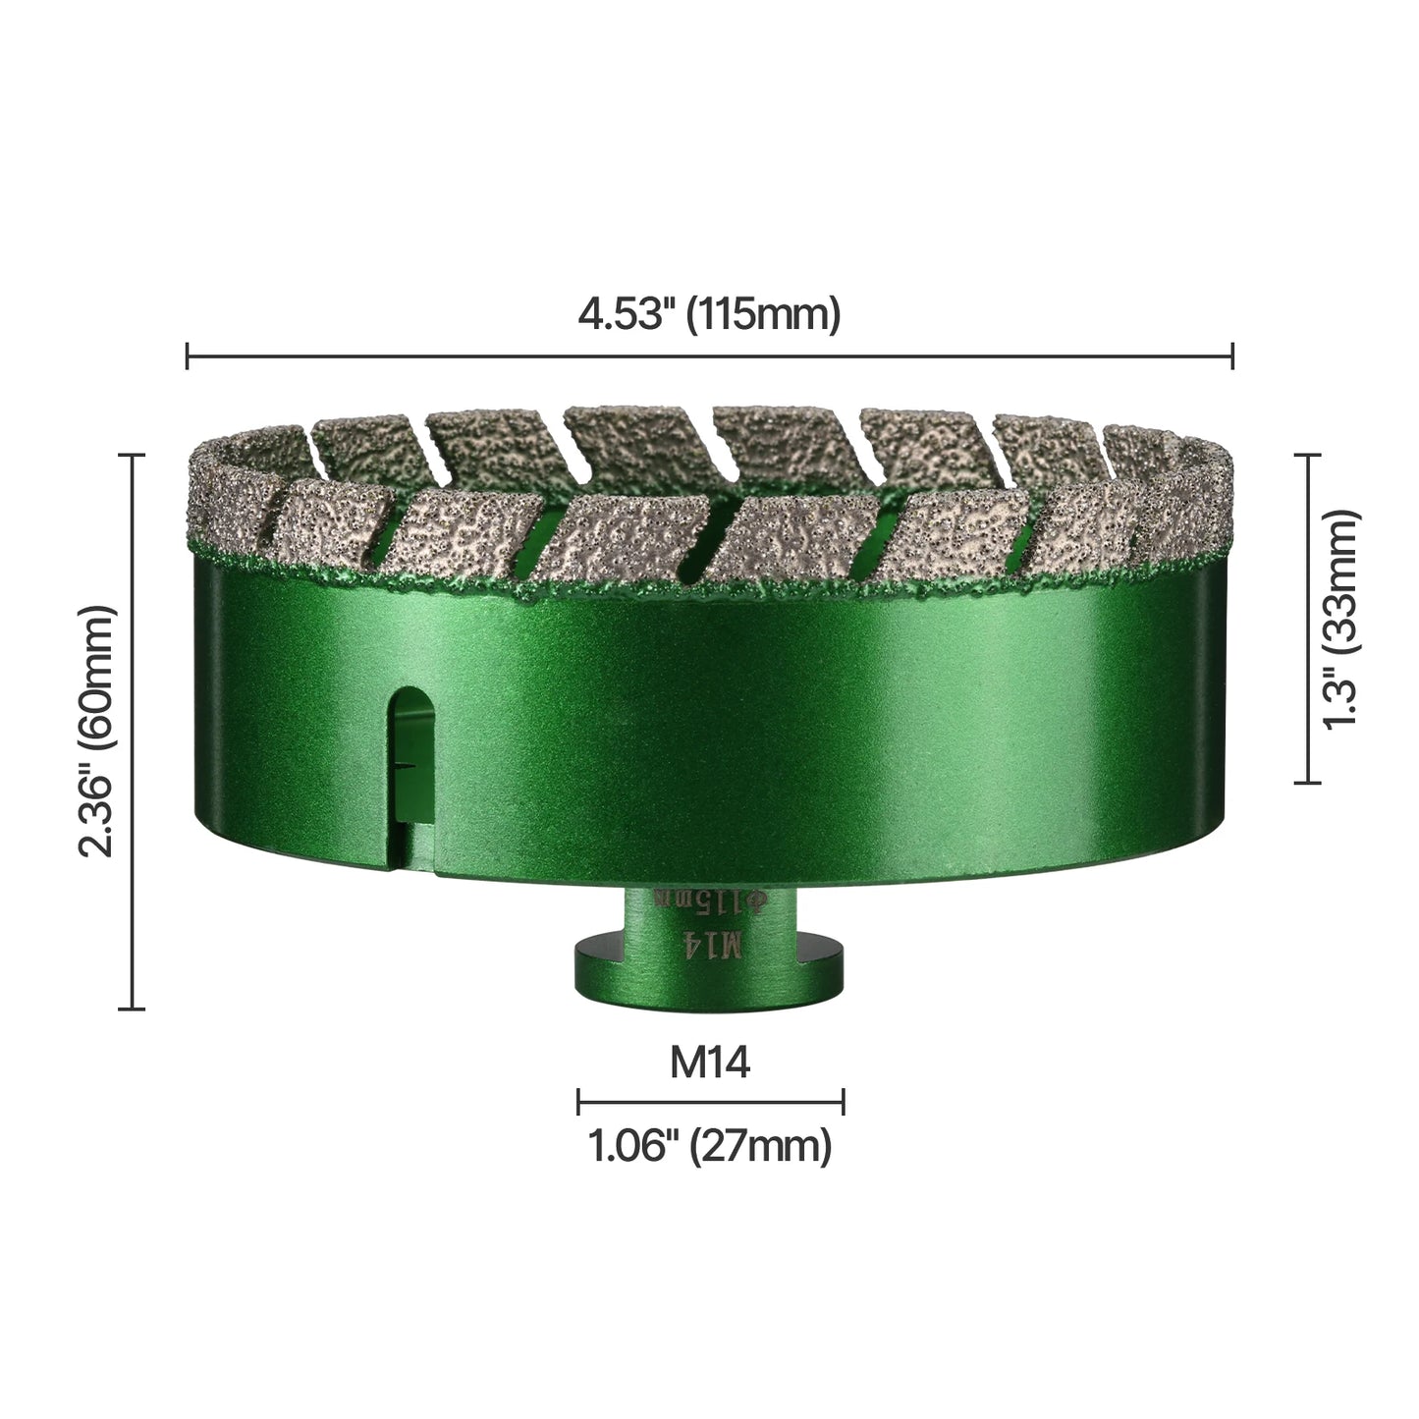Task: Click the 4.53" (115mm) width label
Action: tap(709, 316)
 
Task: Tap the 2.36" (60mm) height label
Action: tap(99, 732)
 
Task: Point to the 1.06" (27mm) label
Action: tap(710, 1146)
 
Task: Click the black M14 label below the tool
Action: tap(710, 1063)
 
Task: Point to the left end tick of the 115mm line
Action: tap(187, 355)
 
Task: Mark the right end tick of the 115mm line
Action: tap(1232, 355)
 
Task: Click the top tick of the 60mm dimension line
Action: tap(132, 456)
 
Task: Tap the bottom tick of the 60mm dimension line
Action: tap(132, 1008)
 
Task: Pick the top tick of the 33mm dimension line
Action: tap(1306, 456)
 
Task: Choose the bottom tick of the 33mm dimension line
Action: tap(1306, 782)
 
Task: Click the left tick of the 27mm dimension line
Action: tap(579, 1102)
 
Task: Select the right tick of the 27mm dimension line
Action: tap(844, 1102)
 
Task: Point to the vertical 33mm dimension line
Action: tap(1306, 619)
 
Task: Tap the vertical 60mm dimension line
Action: tap(132, 732)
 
